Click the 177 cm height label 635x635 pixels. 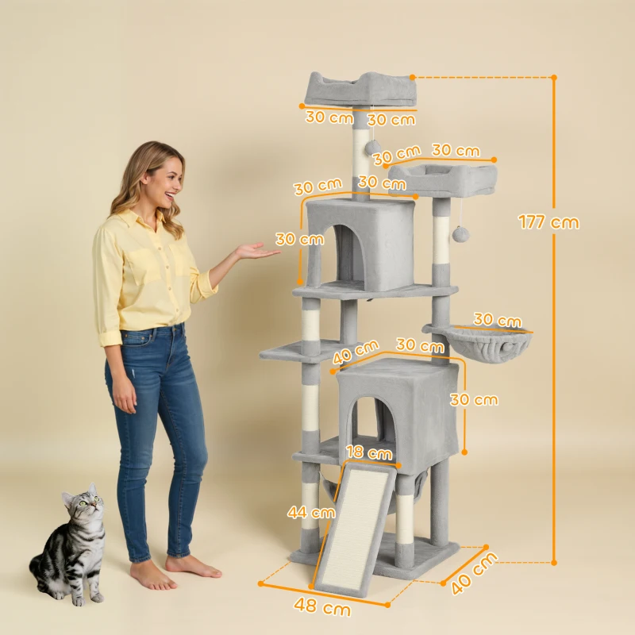point(548,221)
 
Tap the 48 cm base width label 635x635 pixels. point(323,608)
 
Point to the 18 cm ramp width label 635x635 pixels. point(369,453)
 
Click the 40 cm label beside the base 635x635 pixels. point(474,574)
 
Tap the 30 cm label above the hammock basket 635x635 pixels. point(498,321)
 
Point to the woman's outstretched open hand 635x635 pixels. point(256,252)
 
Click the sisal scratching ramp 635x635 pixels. point(355,528)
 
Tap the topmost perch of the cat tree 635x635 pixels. point(361,89)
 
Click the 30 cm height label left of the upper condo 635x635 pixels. point(300,238)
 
